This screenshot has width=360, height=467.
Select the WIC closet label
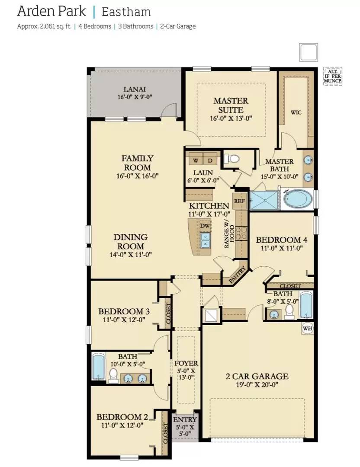[x=296, y=112]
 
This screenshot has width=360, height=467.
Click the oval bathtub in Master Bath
[x=297, y=199]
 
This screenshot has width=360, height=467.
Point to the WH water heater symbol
[x=307, y=328]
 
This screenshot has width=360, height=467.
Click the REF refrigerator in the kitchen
[x=239, y=201]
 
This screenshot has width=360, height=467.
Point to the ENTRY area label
[x=185, y=419]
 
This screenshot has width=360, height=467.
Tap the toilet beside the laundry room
[x=233, y=159]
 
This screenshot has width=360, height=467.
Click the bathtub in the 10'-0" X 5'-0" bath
[x=99, y=367]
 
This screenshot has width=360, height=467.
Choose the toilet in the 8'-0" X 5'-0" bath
[x=289, y=310]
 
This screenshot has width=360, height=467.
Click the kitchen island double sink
[x=205, y=237]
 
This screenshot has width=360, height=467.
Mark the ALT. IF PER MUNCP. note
[x=333, y=77]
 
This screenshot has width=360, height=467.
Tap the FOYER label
[x=186, y=364]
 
